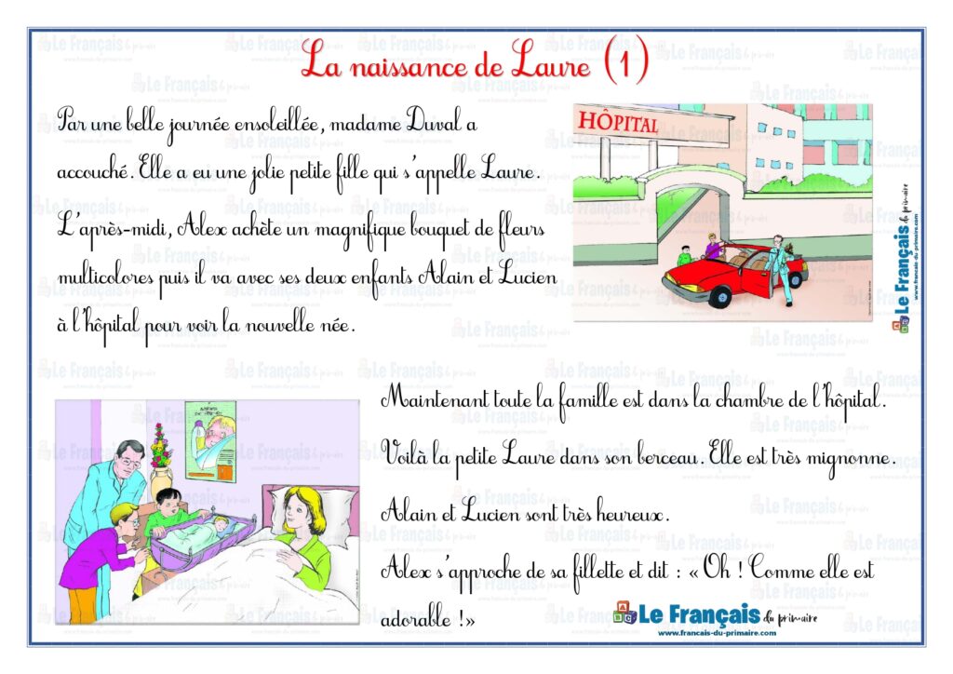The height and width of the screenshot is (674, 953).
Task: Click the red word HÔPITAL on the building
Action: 619,123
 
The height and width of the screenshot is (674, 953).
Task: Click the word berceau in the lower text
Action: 664,458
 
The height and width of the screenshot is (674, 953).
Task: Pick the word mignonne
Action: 851,458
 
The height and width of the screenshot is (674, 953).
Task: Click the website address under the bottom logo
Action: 716,633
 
